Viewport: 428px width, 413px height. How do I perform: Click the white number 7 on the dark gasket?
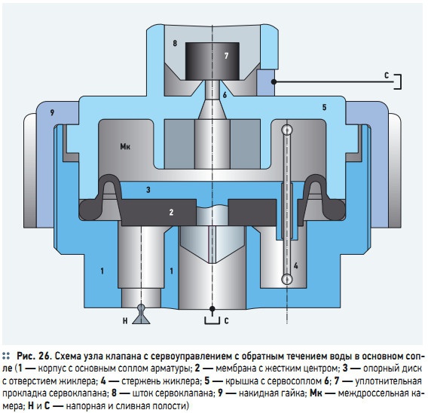click(226, 56)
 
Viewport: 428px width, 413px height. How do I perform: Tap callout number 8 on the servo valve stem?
click(175, 43)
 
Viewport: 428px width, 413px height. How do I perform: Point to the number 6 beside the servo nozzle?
click(225, 95)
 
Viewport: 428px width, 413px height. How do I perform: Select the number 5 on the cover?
click(324, 107)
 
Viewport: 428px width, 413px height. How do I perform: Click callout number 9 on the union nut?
click(52, 112)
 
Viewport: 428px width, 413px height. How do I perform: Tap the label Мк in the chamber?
click(125, 146)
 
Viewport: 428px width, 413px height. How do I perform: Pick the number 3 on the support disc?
click(148, 190)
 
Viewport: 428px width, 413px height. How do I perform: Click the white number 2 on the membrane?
click(171, 212)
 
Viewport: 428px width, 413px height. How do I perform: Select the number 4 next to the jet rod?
click(296, 265)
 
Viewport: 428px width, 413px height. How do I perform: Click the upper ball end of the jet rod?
click(287, 130)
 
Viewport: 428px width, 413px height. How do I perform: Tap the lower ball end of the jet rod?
click(287, 279)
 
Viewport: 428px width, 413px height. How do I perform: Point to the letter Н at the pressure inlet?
click(125, 321)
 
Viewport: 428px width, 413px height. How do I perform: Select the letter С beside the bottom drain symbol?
click(226, 321)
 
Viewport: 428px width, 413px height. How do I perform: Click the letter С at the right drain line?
click(387, 75)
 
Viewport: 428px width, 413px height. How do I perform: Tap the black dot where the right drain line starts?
click(274, 81)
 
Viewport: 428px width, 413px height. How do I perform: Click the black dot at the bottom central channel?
click(212, 309)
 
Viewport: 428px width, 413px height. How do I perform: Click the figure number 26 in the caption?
click(44, 356)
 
